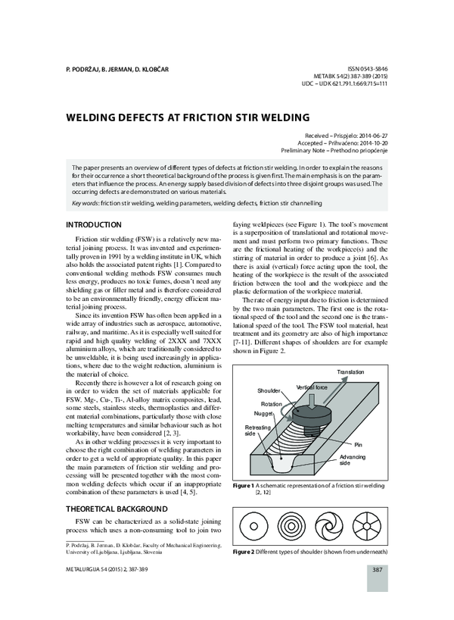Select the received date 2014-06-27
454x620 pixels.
(371, 134)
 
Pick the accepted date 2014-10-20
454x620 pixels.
(371, 142)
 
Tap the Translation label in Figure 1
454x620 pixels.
(350, 372)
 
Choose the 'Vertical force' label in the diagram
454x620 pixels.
(313, 387)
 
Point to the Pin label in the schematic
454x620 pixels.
(359, 443)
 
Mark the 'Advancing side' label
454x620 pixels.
(353, 461)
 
